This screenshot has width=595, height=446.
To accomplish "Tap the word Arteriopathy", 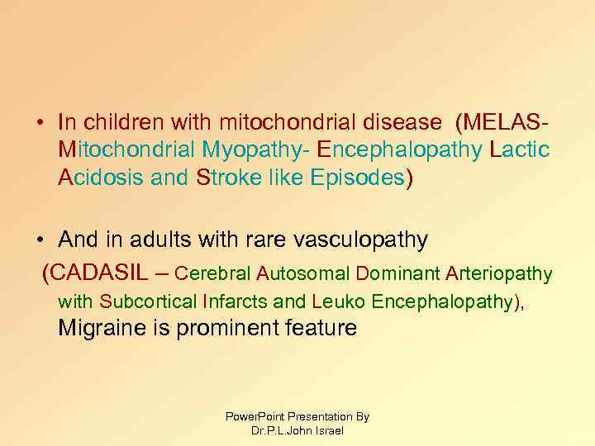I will coord(500,273).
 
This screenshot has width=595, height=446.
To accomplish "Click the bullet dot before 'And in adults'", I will coord(40,241).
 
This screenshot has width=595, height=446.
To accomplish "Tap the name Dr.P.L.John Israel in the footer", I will coord(297,430).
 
